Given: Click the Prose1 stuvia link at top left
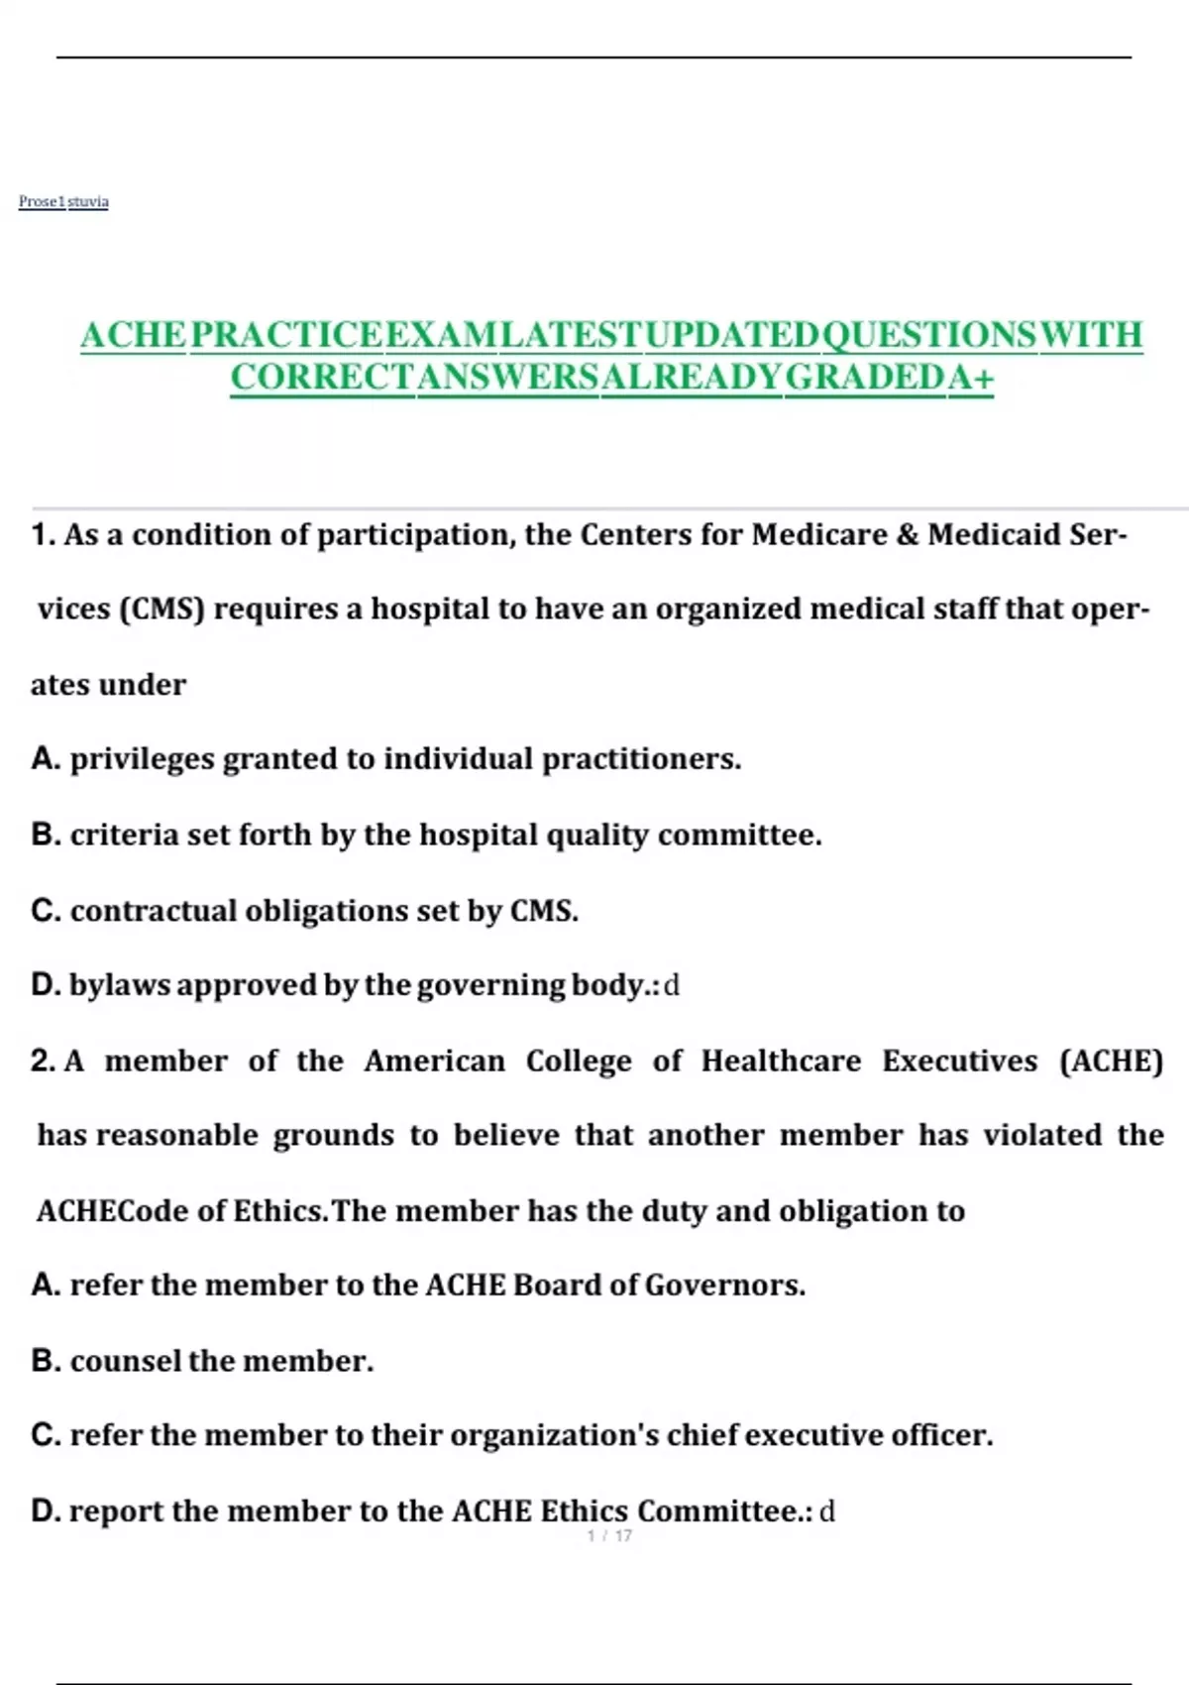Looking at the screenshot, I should pos(63,201).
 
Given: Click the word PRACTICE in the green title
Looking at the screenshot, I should pos(285,335).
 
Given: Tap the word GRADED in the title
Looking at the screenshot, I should pos(865,378).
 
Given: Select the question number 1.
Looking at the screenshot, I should pos(43,535).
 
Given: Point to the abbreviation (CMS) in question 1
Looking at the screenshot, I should pos(161,609).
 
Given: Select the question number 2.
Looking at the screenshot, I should pos(43,1061).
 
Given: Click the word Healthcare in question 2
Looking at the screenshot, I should pos(781,1061).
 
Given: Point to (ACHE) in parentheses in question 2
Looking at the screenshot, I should pos(1111,1061).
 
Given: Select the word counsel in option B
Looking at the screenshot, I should pos(126,1361).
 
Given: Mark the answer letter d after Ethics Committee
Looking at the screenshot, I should pos(827,1512).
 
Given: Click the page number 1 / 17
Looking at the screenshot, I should pos(609,1535).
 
